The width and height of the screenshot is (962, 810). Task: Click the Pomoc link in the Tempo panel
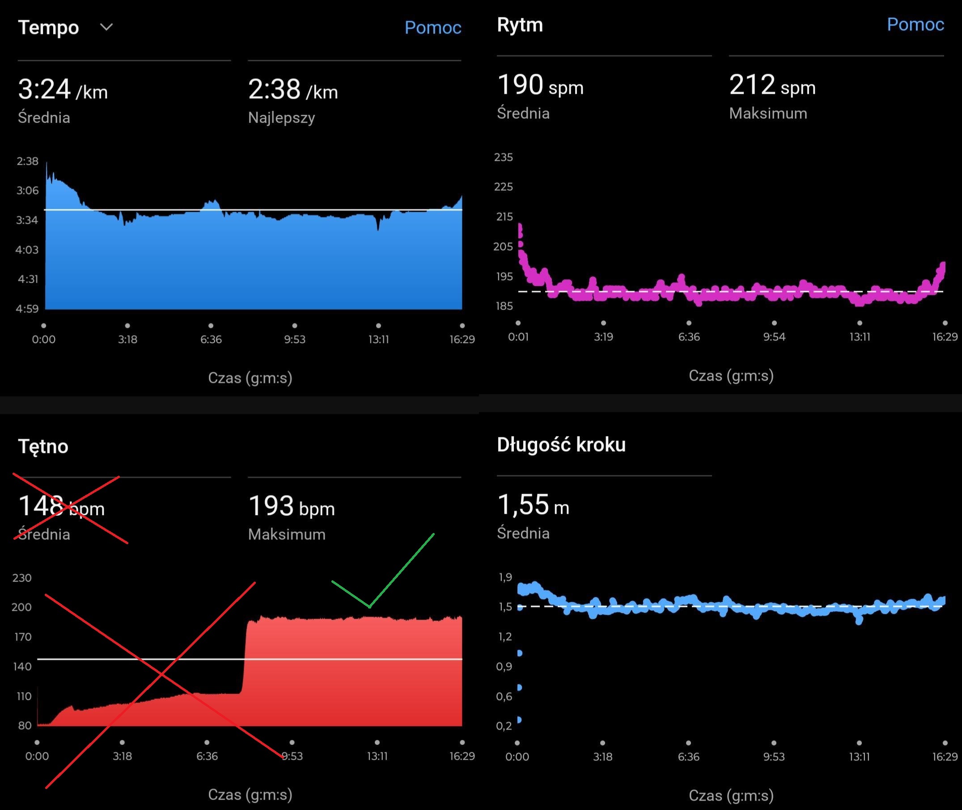point(432,28)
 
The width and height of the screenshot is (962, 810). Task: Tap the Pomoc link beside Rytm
point(915,24)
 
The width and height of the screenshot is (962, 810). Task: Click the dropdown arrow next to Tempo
point(106,28)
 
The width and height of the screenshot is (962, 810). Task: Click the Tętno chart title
point(43,446)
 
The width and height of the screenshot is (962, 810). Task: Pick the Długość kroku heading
point(561,445)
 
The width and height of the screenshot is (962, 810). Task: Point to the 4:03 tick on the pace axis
point(27,250)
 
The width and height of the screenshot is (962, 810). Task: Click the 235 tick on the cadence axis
point(503,158)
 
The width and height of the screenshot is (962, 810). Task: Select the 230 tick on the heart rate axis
point(22,578)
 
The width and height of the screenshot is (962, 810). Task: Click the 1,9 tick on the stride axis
point(505,577)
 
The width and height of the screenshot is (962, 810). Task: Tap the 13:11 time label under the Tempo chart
point(378,340)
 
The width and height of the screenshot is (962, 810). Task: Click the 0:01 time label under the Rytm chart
point(518,337)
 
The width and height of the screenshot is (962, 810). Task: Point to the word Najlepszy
point(281,118)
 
